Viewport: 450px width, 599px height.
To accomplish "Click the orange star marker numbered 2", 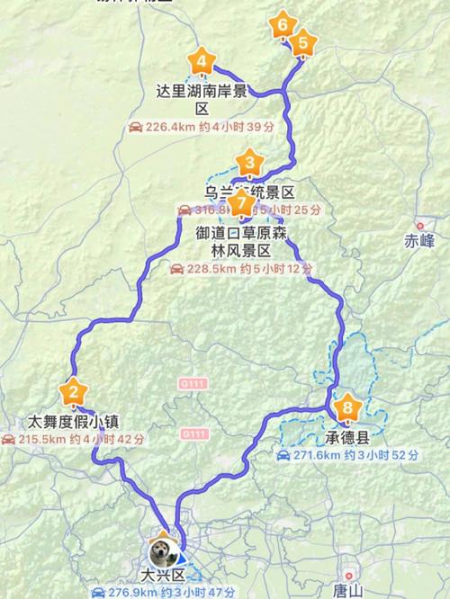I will coord(74,392).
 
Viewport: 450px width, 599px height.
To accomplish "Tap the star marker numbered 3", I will coord(249,164).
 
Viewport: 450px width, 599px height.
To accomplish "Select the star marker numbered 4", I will coord(202,62).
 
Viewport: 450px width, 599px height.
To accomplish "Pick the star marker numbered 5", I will coord(302,41).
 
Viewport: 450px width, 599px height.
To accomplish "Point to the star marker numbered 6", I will coord(283,24).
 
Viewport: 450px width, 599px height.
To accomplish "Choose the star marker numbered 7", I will coord(239,203).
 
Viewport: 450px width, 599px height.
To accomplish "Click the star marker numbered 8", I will coord(347,409).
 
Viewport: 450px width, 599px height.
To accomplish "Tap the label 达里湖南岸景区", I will coord(202,99).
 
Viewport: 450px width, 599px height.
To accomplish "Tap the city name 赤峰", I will coord(419,240).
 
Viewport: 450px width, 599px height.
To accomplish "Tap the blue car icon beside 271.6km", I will coord(283,456).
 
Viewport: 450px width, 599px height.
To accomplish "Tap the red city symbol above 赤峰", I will coord(419,226).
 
